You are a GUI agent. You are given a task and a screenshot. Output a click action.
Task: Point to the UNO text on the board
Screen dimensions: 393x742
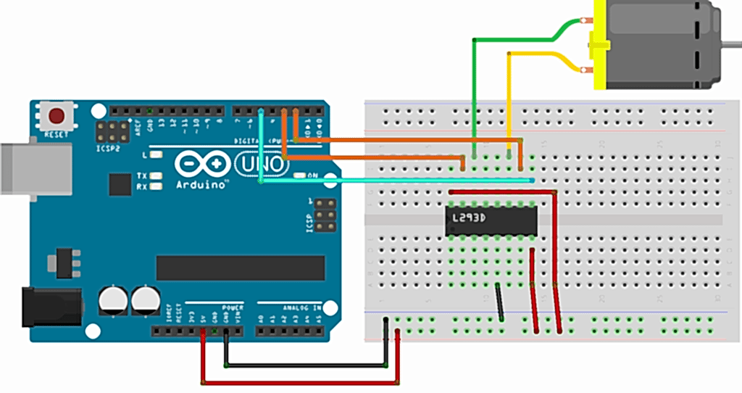point(262,165)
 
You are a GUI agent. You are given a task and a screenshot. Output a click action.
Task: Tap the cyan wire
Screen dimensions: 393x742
point(399,181)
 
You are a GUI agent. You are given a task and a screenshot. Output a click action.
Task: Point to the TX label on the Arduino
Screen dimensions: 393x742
point(143,176)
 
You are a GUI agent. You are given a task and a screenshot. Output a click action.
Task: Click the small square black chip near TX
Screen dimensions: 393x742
point(120,184)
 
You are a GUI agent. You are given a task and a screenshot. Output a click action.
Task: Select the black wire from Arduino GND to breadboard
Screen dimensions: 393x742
point(304,365)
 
